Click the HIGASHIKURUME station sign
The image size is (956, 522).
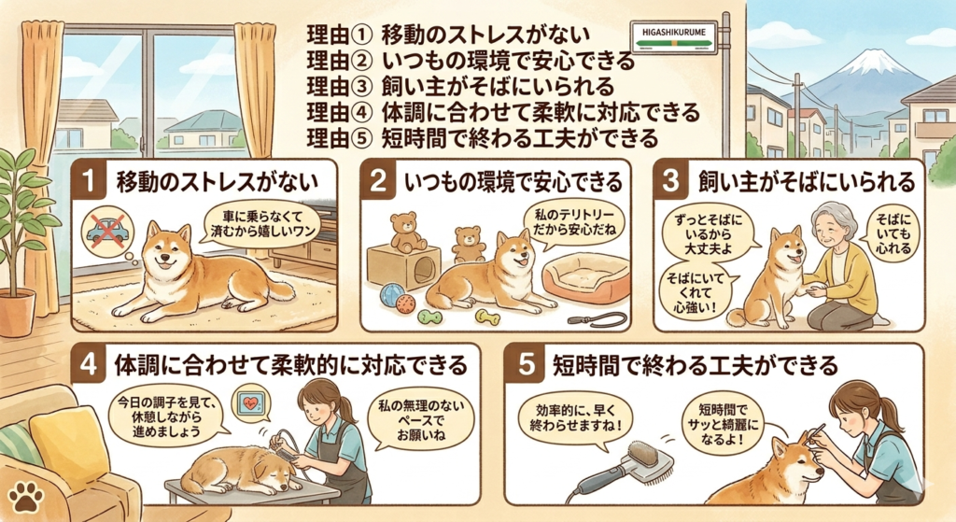(x=672, y=37)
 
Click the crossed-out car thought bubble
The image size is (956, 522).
(x=106, y=232)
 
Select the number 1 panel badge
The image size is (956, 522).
(x=90, y=181)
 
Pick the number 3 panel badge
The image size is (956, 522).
(x=670, y=181)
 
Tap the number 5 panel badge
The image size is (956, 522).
(x=526, y=364)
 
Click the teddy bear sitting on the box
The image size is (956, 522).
(x=405, y=232)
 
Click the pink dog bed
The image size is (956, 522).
(x=585, y=278)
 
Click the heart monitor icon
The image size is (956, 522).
(x=251, y=402)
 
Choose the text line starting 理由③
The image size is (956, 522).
(x=460, y=86)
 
